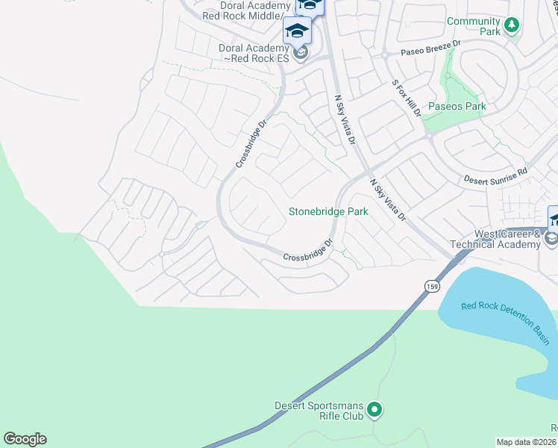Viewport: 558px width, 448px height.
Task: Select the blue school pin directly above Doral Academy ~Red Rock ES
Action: coord(297,31)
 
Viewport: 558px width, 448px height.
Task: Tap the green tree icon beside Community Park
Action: coord(511,25)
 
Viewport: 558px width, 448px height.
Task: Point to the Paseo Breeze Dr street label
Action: coord(432,49)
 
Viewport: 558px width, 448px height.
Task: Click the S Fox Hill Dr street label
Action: coord(407,99)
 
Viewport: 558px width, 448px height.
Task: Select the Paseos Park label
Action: coord(456,106)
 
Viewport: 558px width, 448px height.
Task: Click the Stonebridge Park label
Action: coord(328,212)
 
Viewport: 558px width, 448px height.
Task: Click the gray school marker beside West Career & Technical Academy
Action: coord(551,239)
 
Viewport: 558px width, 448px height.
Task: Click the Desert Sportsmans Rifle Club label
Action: coord(318,411)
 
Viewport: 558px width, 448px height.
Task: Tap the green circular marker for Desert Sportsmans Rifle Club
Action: coord(375,410)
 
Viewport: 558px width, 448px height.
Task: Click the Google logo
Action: coord(25,439)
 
